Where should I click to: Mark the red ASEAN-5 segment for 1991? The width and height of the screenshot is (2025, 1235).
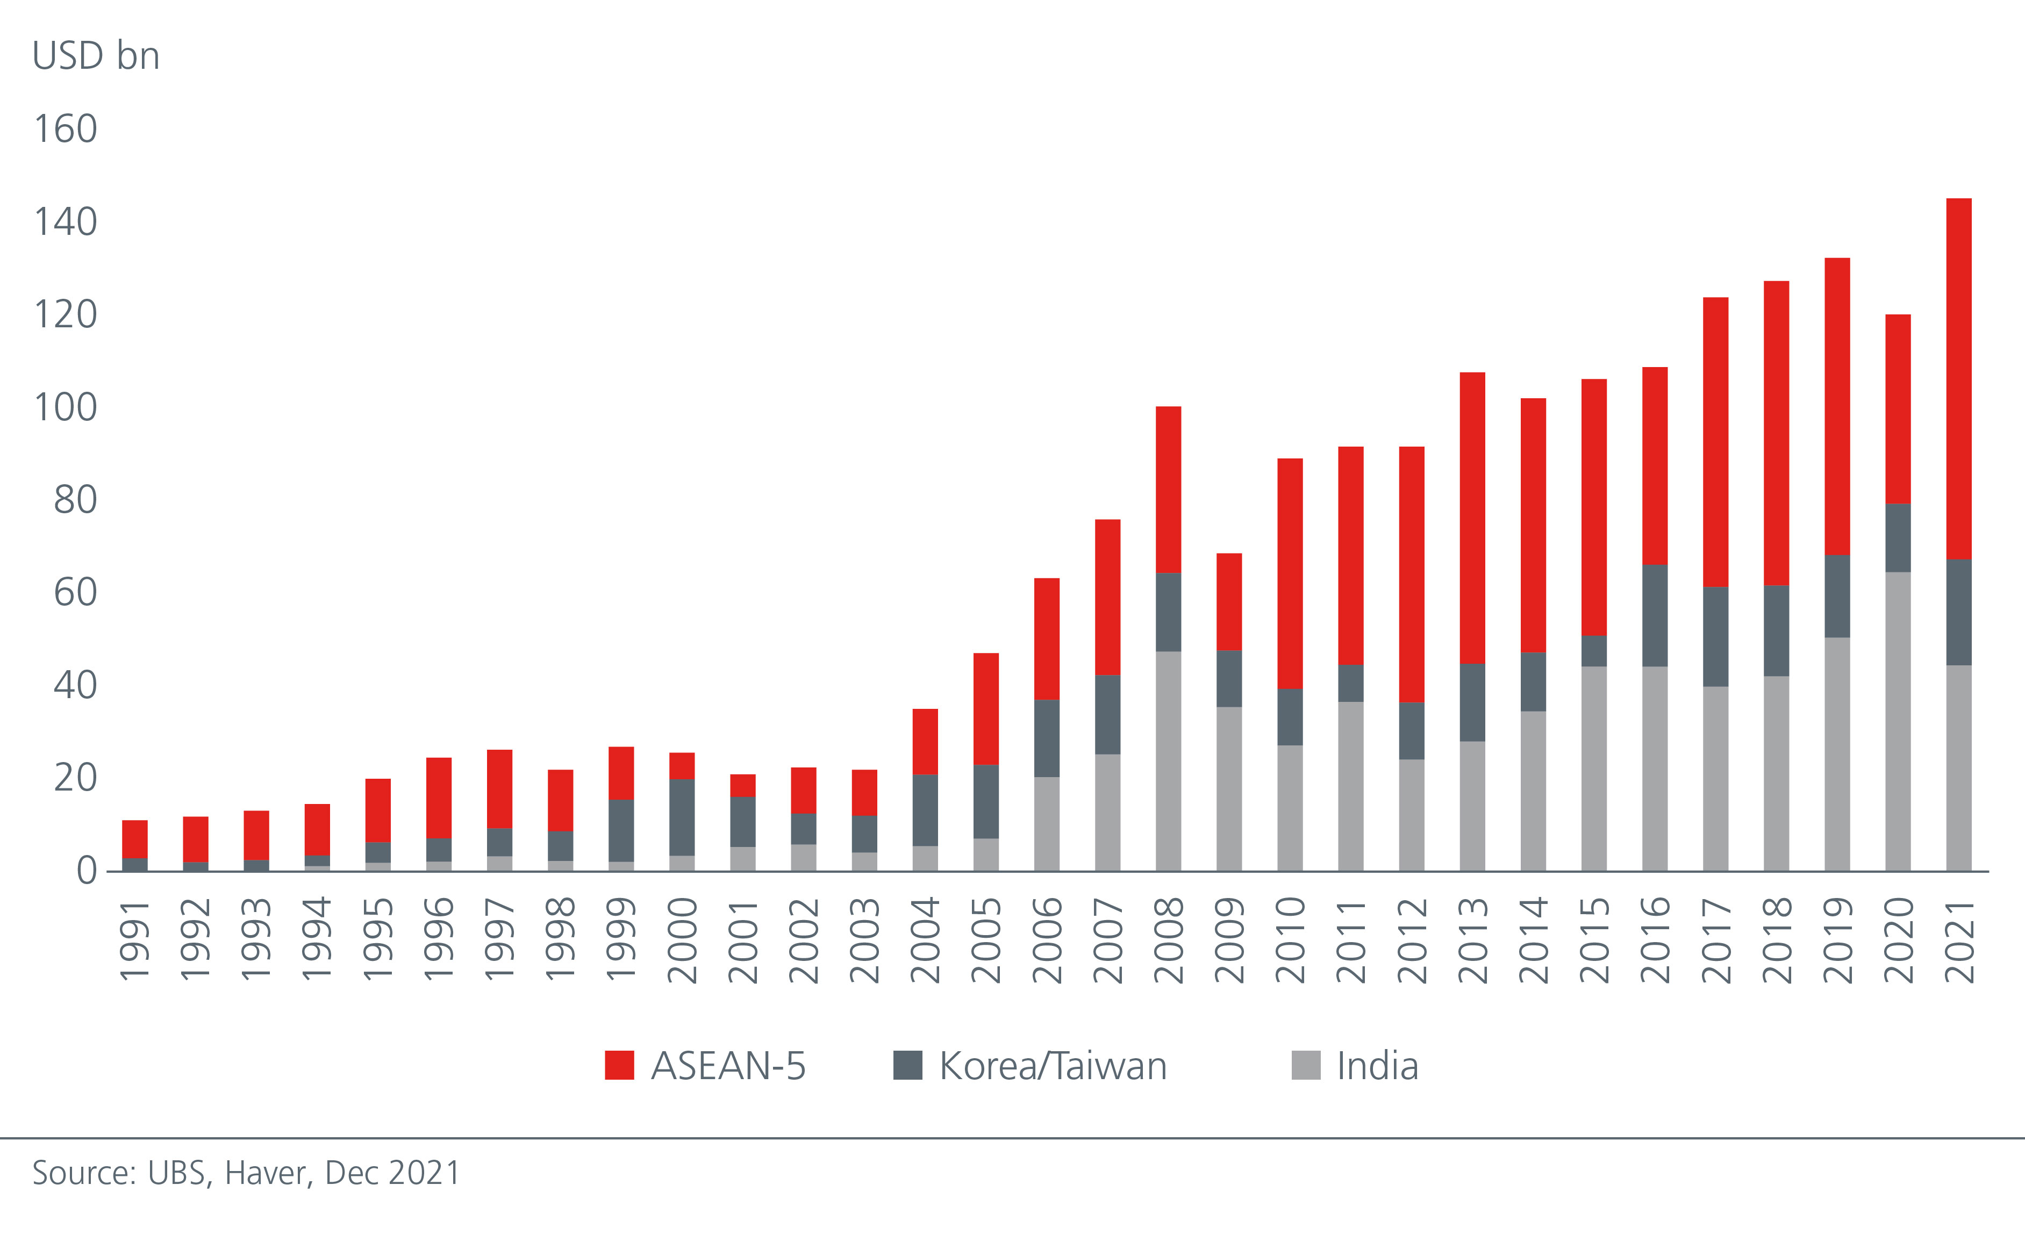135,838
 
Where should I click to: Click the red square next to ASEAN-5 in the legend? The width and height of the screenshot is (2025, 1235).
619,1065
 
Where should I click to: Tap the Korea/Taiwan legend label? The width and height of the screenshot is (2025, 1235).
1053,1066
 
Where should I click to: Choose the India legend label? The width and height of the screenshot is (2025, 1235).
1377,1066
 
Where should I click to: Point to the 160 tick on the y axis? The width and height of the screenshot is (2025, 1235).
65,129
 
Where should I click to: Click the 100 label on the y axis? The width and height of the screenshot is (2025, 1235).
65,407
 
